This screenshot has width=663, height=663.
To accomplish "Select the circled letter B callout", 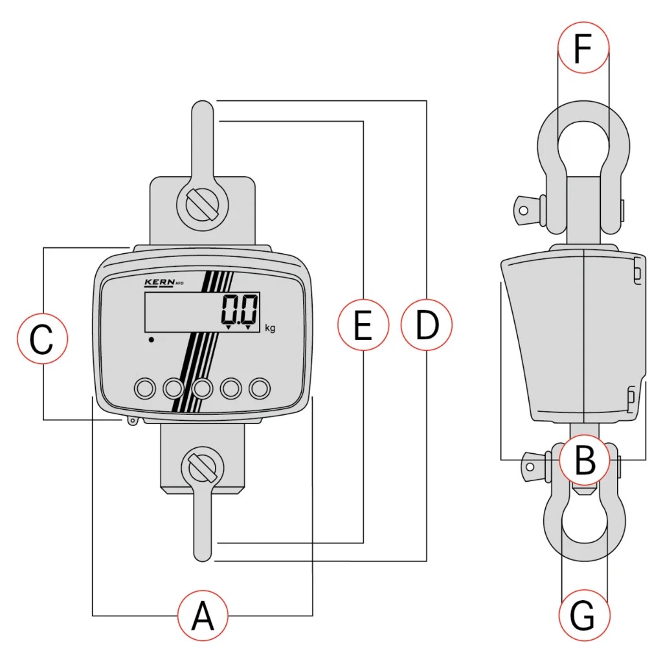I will [585, 460].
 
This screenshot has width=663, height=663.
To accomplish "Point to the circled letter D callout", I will [426, 325].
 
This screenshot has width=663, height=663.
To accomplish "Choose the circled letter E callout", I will [363, 325].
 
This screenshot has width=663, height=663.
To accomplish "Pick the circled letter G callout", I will [583, 616].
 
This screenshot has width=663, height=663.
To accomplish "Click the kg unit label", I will [270, 328].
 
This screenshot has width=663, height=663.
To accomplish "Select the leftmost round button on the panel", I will [144, 388].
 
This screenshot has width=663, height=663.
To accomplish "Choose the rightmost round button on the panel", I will [260, 388].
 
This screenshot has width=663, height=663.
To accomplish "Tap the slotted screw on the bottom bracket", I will [202, 467].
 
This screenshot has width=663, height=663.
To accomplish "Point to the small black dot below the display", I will [151, 339].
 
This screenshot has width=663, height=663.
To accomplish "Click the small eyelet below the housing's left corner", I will [133, 421].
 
